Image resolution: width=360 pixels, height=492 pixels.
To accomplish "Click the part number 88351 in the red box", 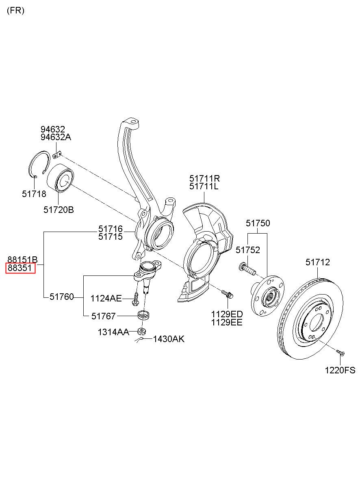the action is [20, 268].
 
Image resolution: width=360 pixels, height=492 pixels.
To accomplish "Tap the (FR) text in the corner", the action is [15, 11].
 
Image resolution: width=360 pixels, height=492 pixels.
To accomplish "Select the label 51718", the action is [34, 194].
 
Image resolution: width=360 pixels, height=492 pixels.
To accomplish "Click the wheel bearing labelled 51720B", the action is [61, 178].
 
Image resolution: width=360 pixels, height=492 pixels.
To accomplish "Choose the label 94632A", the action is [56, 137].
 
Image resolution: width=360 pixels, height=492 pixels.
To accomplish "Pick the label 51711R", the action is [204, 178].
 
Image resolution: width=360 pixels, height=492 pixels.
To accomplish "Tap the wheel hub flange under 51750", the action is [267, 296].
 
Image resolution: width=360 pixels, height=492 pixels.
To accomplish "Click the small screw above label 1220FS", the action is [340, 352].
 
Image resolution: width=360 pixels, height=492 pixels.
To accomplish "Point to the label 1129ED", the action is [227, 314].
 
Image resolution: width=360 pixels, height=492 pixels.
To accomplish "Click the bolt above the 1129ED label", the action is [227, 294].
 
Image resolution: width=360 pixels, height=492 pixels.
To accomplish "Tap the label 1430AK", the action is [169, 339].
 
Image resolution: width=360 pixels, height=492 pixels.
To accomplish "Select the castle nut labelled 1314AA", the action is [142, 331].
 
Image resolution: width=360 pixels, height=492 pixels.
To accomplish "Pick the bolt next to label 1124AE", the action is [135, 299].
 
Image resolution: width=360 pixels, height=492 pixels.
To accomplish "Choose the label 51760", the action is [62, 297].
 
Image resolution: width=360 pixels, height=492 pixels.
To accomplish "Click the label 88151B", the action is [23, 260].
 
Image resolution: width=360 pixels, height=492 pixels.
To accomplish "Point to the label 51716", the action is [111, 229].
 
